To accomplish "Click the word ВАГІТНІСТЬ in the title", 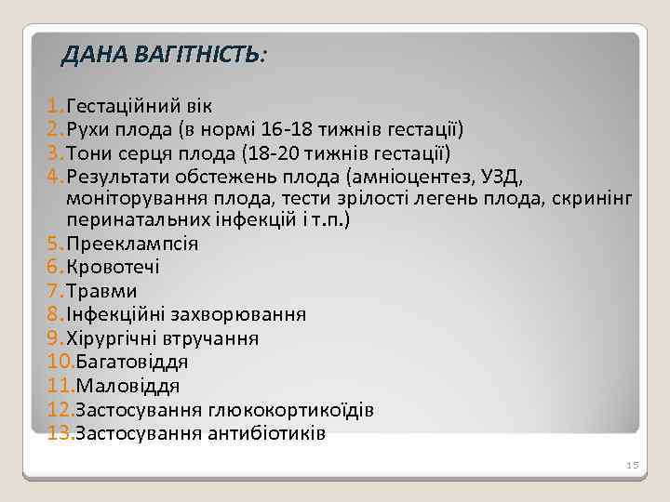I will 198,57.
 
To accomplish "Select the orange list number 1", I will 51,106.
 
